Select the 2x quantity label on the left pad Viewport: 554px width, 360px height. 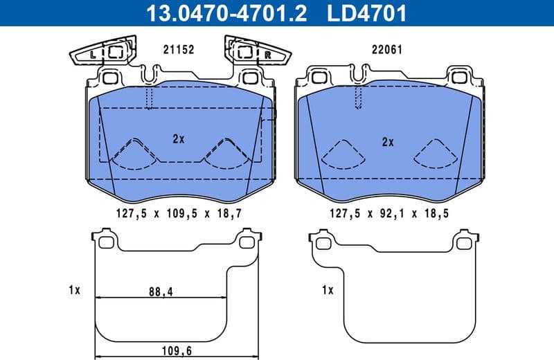coord(178,138)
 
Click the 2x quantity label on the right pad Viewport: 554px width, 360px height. coord(388,142)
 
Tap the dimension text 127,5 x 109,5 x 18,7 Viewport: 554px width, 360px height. coord(178,215)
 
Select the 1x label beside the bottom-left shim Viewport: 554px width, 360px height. coord(74,290)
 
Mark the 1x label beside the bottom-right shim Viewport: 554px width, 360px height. coord(328,290)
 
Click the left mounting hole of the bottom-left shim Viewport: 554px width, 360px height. coord(105,242)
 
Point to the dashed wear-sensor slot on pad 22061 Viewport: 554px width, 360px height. coord(357,98)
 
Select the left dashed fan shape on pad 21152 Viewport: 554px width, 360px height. coord(132,154)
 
